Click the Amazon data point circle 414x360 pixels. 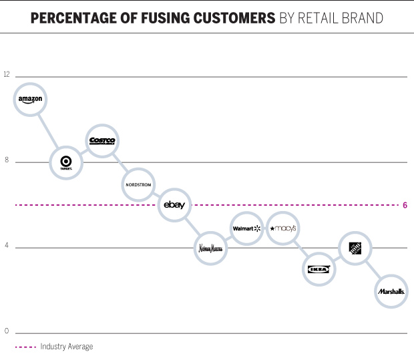pyautogui.click(x=30, y=100)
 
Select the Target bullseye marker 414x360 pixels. pyautogui.click(x=66, y=162)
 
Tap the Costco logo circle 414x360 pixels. pyautogui.click(x=102, y=141)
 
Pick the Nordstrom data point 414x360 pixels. pyautogui.click(x=139, y=184)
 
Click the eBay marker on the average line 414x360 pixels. pyautogui.click(x=174, y=205)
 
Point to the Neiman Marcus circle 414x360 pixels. pyautogui.click(x=211, y=248)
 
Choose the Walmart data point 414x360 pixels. pyautogui.click(x=246, y=228)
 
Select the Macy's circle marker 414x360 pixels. pyautogui.click(x=282, y=228)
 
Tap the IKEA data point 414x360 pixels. pyautogui.click(x=319, y=269)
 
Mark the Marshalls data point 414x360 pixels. pyautogui.click(x=391, y=291)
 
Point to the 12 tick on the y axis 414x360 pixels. pyautogui.click(x=7, y=74)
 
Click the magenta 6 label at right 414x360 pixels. pyautogui.click(x=405, y=205)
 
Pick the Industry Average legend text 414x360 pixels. pyautogui.click(x=66, y=347)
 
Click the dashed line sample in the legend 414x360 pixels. pyautogui.click(x=25, y=347)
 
